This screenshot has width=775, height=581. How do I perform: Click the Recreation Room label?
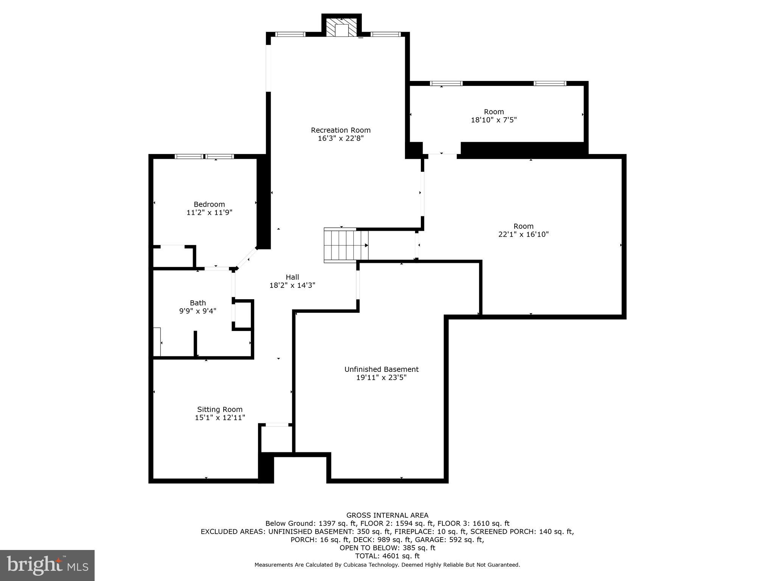pyautogui.click(x=341, y=130)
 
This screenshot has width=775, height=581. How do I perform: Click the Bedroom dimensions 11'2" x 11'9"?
pyautogui.click(x=209, y=213)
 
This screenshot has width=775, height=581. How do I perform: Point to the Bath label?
pyautogui.click(x=198, y=303)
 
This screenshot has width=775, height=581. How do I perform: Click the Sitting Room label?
pyautogui.click(x=219, y=409)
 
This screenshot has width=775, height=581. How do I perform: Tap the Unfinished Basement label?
pyautogui.click(x=381, y=369)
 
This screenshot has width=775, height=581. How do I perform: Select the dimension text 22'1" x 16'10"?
pyautogui.click(x=523, y=235)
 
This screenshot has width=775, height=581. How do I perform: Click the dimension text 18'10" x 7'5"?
pyautogui.click(x=493, y=120)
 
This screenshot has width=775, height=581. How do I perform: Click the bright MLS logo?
pyautogui.click(x=47, y=565)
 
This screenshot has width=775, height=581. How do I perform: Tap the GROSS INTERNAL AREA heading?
pyautogui.click(x=387, y=515)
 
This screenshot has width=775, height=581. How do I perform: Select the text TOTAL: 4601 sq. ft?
pyautogui.click(x=387, y=556)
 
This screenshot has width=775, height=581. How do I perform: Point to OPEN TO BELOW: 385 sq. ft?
pyautogui.click(x=387, y=548)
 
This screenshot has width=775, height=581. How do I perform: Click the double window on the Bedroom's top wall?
pyautogui.click(x=204, y=156)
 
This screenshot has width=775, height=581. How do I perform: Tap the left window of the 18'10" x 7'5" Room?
pyautogui.click(x=446, y=83)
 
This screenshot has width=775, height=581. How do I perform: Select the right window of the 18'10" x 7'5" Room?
pyautogui.click(x=549, y=83)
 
